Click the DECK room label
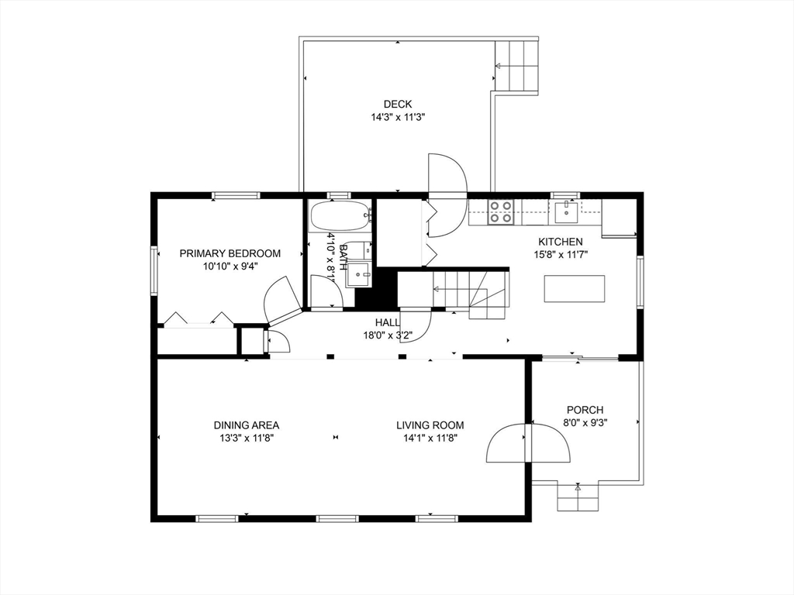coord(398,105)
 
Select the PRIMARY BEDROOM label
coord(230,253)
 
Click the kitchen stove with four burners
coord(500,212)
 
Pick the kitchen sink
coord(565,212)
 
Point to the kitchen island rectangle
coord(575,288)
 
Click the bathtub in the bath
coord(340,216)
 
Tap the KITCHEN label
coord(560,242)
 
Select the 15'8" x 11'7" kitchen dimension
coord(560,255)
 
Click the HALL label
coord(388,322)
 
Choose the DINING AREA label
coord(246,425)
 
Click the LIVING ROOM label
coord(430,425)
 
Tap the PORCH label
coord(585,410)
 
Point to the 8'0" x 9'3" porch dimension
coord(585,423)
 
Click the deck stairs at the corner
coord(516,67)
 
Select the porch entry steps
coord(578,497)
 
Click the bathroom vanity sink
coord(358,275)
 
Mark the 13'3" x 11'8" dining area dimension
coord(246,439)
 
